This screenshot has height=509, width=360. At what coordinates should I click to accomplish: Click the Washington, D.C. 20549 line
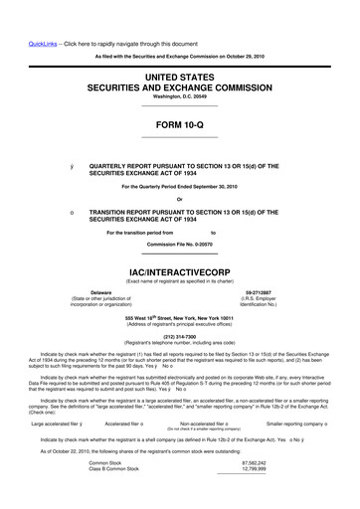coord(180,95)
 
